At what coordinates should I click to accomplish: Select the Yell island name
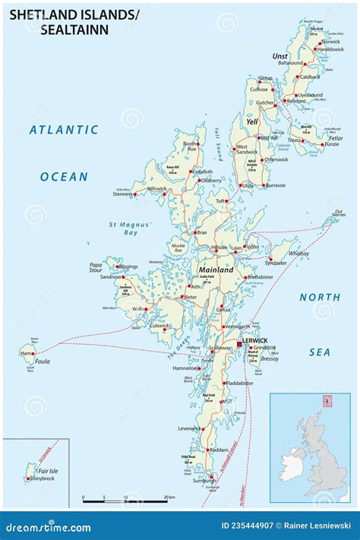(251, 121)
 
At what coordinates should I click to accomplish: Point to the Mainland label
(216, 270)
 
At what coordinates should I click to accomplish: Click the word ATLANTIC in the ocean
(64, 130)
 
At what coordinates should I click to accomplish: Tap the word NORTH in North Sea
(319, 297)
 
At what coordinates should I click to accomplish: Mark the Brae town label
(201, 233)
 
